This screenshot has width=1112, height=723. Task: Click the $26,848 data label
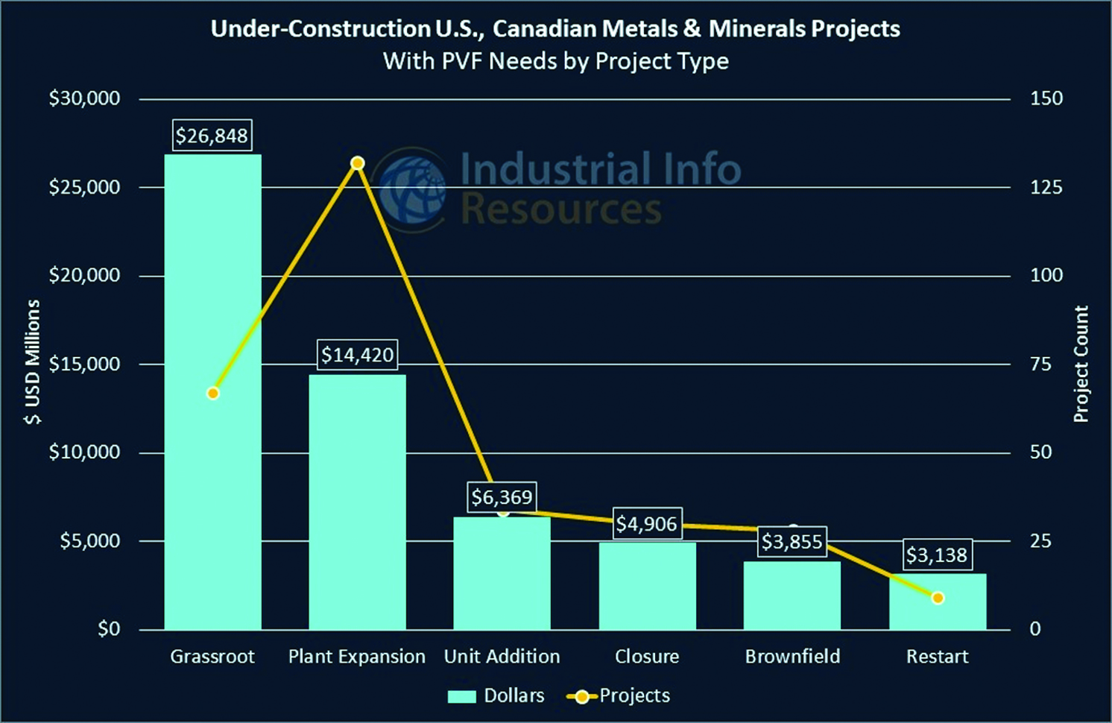pos(212,136)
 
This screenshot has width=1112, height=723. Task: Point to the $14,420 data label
pos(357,355)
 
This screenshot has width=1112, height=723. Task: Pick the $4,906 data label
pos(646,524)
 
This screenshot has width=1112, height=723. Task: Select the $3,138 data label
pos(937,555)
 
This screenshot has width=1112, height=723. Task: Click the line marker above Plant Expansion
pos(357,163)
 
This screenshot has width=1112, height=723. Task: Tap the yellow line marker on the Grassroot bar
pos(213,393)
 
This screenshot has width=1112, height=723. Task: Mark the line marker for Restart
pos(938,598)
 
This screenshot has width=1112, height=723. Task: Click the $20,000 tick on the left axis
pos(84,276)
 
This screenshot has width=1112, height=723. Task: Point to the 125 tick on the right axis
pos(1046,187)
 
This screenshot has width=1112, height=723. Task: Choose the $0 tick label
pos(108,629)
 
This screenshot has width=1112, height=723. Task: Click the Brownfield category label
pos(792,657)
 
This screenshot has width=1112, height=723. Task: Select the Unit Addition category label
pos(502,657)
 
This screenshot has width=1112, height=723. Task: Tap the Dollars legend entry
pos(496,696)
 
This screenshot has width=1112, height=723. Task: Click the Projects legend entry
pos(619,696)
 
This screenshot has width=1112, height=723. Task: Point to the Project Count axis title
pos(1081,364)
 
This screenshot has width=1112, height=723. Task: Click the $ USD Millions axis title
pos(32,361)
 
